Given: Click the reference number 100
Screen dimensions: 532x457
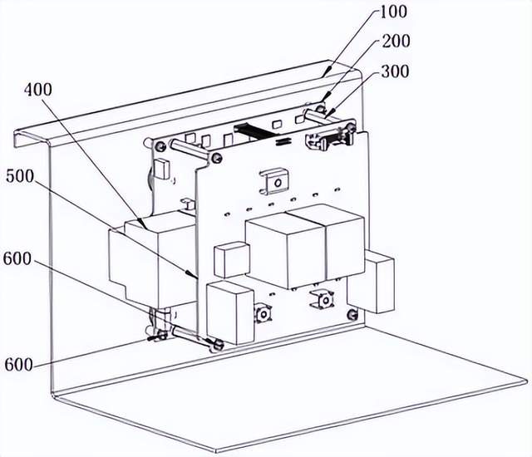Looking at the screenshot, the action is tap(393, 12).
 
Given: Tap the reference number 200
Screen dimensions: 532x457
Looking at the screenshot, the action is tap(396, 41).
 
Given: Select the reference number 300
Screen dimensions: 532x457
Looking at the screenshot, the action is tap(396, 71).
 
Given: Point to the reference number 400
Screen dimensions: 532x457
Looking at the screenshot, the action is tap(38, 90).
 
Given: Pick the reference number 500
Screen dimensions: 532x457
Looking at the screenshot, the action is tap(20, 176).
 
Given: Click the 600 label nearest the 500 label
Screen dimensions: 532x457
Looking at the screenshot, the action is tap(17, 258).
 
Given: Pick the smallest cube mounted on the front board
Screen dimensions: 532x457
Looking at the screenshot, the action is tap(232, 260).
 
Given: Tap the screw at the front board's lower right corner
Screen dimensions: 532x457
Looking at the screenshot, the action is tap(353, 314).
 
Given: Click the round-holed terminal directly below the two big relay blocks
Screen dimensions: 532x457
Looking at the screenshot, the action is tap(323, 300).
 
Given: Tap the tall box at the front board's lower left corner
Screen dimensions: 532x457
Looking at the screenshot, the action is tap(230, 312).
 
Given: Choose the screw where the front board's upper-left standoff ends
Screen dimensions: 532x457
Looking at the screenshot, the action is tap(216, 158).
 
